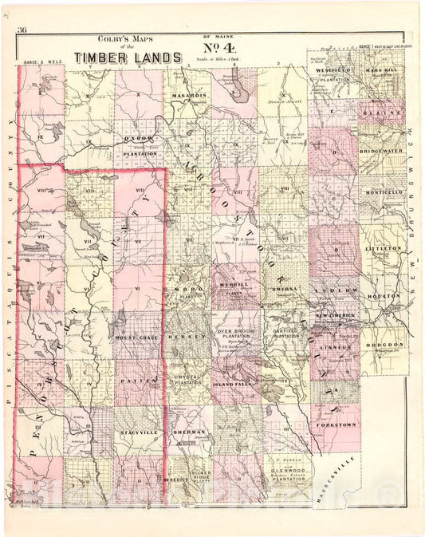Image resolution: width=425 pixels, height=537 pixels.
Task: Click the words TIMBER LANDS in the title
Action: click(x=127, y=57)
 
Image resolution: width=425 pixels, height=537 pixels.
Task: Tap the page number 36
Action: click(x=22, y=30)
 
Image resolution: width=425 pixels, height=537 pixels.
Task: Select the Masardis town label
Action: click(x=189, y=95)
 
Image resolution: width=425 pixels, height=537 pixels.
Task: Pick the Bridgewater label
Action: click(x=382, y=150)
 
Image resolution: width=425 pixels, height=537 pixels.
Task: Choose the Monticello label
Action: click(x=382, y=193)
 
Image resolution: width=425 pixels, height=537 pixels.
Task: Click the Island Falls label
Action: click(x=234, y=385)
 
